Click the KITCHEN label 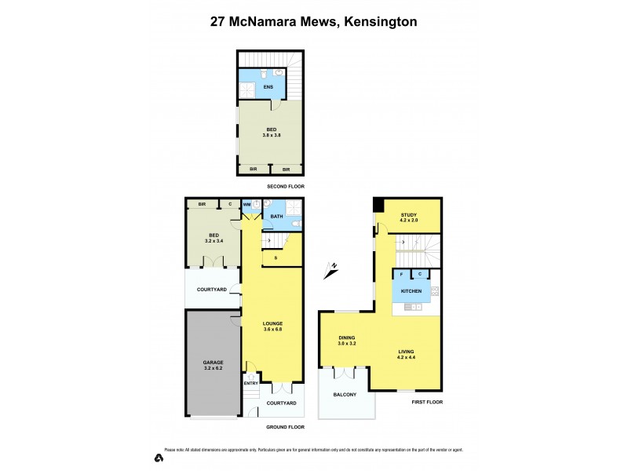[412, 291]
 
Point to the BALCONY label [345, 396]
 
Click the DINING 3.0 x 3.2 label [347, 340]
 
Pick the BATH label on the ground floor [276, 216]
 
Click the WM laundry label [246, 205]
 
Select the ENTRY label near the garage [251, 383]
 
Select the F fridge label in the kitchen [402, 274]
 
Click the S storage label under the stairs [276, 257]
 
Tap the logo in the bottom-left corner [159, 457]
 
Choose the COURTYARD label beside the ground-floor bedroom [211, 290]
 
